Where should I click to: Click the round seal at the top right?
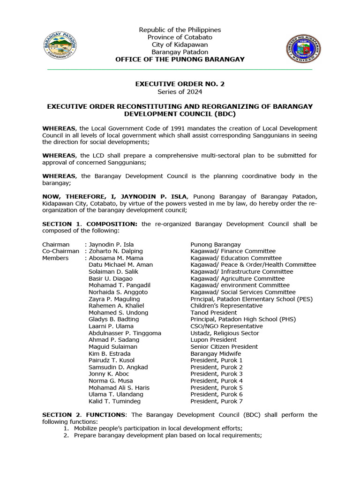(303, 49)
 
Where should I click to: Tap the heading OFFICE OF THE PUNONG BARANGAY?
(180, 59)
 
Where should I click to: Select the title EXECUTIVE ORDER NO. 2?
(180, 84)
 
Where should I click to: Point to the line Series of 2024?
(180, 91)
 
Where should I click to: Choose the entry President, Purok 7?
(217, 401)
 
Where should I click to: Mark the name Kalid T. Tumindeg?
(114, 401)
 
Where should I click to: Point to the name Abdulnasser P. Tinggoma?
(125, 333)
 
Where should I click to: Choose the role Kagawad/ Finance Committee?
(233, 251)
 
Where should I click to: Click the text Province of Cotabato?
(180, 37)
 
